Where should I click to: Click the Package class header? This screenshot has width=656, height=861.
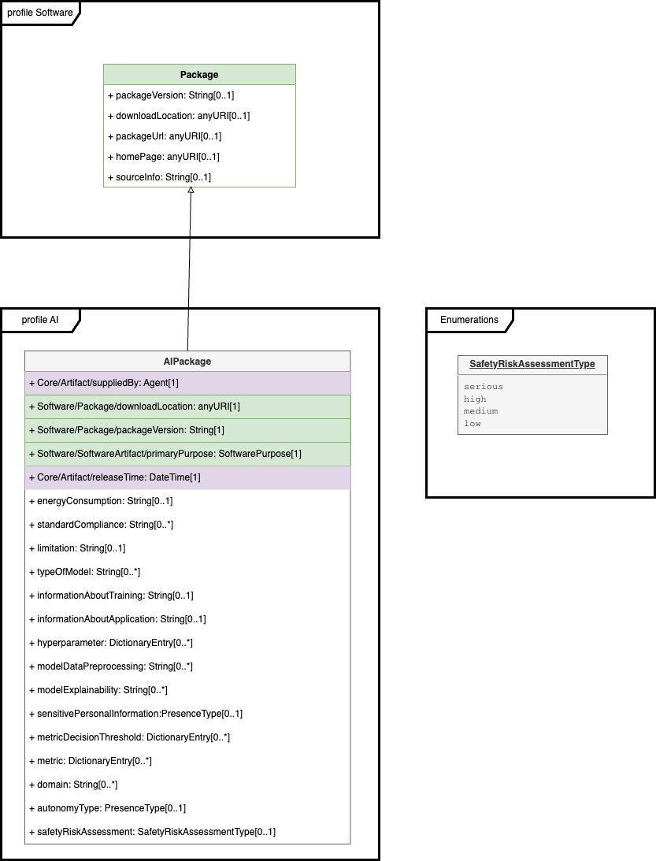click(x=199, y=75)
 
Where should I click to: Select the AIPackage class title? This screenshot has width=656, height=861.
click(x=187, y=362)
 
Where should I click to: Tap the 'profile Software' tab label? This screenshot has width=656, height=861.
click(x=39, y=13)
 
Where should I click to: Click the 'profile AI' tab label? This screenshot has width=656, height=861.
click(x=39, y=320)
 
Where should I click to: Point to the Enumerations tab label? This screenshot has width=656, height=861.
click(x=469, y=320)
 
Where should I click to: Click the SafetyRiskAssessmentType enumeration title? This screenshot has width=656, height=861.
click(x=532, y=365)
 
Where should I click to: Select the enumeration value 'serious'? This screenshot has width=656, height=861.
click(x=484, y=387)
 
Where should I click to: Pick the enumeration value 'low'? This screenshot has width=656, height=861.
click(x=473, y=424)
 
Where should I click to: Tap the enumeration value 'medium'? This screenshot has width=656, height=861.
click(x=480, y=411)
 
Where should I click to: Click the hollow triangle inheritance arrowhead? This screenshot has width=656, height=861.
click(x=191, y=191)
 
